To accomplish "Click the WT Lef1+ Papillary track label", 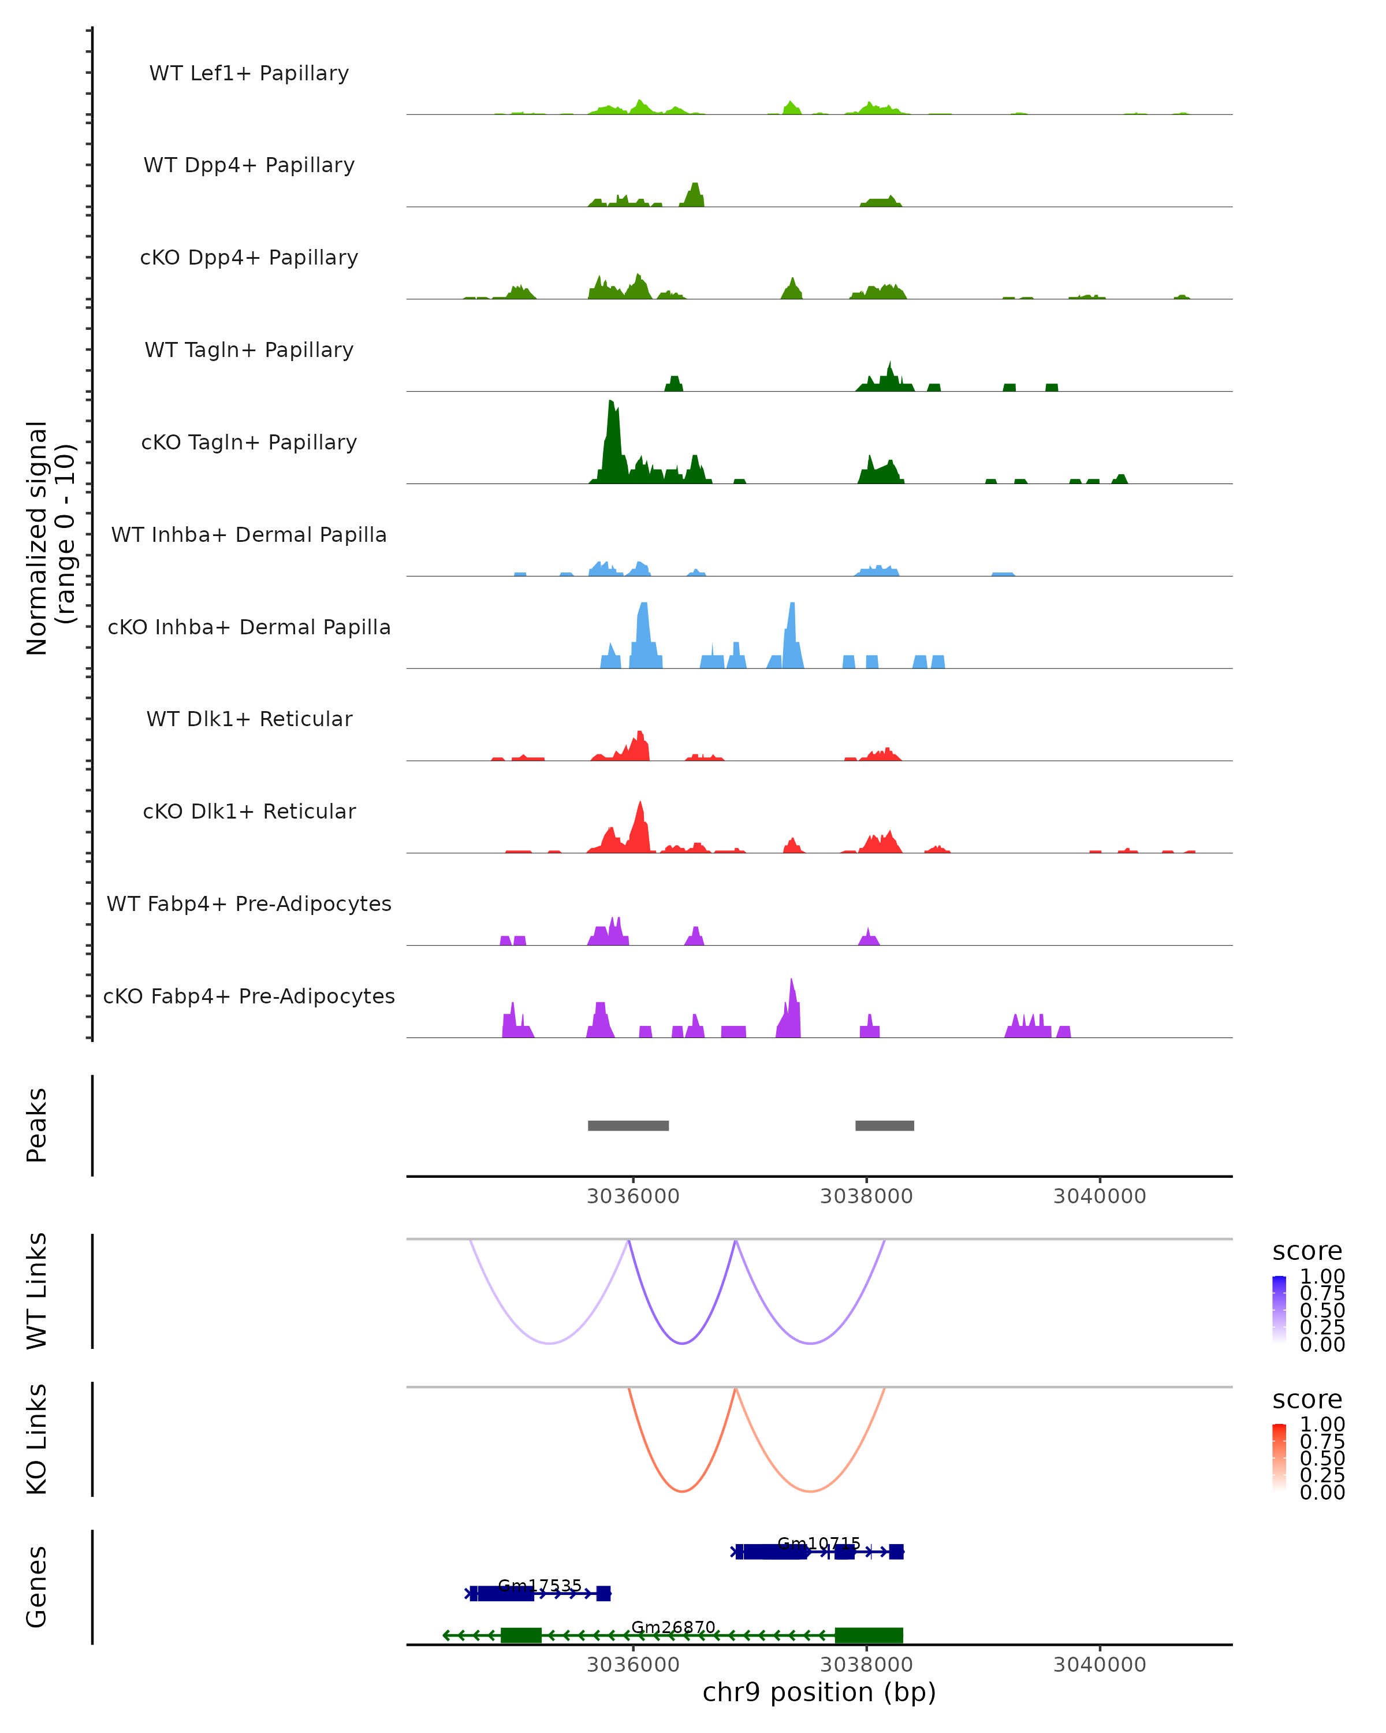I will click(249, 73).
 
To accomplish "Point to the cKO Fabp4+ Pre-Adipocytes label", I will click(249, 996).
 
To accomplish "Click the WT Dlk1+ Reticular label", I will click(249, 719).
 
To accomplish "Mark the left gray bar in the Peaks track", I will click(628, 1125).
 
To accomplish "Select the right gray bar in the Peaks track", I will click(885, 1125).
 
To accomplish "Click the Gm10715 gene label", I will click(819, 1544).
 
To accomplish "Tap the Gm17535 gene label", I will click(539, 1585).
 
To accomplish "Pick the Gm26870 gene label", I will click(673, 1627).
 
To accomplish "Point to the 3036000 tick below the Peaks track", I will click(633, 1196).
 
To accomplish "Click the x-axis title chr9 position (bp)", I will click(819, 1693).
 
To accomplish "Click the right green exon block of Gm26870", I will click(869, 1635).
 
